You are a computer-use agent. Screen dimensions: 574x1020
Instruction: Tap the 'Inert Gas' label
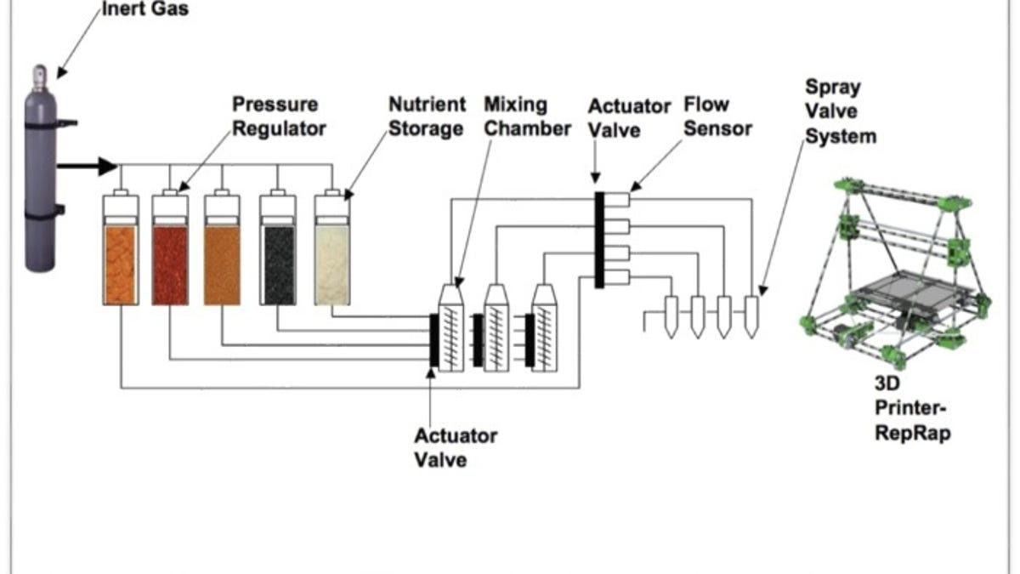click(x=144, y=11)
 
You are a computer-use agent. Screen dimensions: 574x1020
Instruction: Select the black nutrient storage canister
click(x=277, y=264)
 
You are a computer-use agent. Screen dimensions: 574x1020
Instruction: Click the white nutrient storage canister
click(x=331, y=264)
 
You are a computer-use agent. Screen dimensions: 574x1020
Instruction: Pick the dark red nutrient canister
click(x=170, y=264)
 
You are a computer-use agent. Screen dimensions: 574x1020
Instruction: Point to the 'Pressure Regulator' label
click(x=279, y=117)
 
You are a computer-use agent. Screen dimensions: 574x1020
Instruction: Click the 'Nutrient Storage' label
click(x=427, y=117)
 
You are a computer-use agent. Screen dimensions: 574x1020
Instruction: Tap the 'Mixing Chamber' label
click(x=527, y=117)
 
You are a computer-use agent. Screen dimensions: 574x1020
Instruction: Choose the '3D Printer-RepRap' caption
click(x=914, y=409)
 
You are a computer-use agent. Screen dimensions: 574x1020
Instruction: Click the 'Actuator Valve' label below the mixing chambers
click(x=456, y=447)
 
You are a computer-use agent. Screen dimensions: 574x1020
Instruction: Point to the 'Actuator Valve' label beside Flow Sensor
click(x=629, y=118)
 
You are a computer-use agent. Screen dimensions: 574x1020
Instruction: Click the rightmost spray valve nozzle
click(x=751, y=315)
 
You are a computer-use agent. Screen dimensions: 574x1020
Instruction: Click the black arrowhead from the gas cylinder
click(x=107, y=166)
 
